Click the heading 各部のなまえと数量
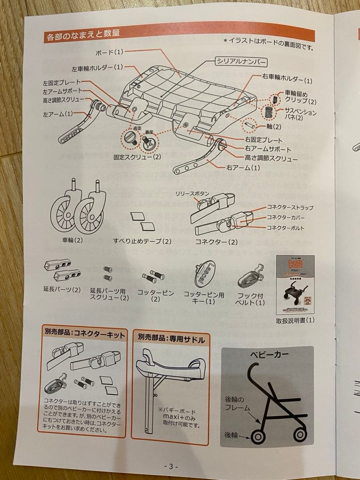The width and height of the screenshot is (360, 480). [83, 36]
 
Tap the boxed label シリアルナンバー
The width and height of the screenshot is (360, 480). [241, 62]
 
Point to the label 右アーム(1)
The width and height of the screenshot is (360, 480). [243, 168]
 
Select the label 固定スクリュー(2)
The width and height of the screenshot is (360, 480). [137, 157]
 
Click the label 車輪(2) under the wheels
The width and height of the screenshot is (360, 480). [72, 240]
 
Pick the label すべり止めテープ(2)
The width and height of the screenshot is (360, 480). [142, 241]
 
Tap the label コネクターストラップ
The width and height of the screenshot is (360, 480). [290, 207]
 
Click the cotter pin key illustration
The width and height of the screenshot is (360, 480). [204, 274]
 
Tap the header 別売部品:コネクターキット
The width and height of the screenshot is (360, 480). [84, 334]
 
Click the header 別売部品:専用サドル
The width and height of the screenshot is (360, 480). [171, 340]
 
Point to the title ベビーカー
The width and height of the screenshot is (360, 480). [267, 355]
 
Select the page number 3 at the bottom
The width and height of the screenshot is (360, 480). [171, 467]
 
